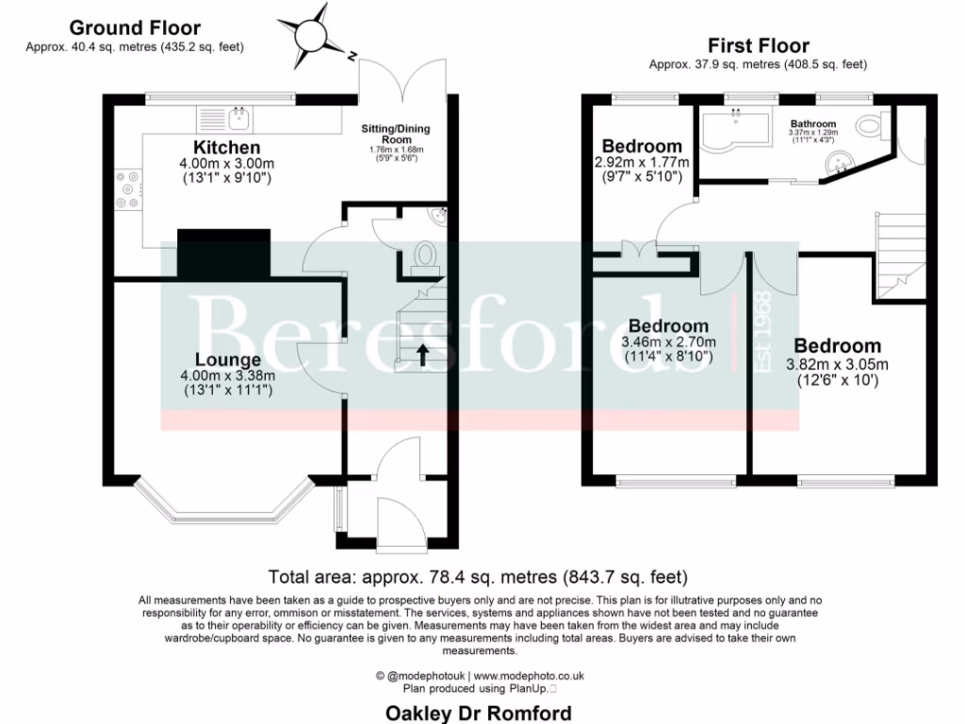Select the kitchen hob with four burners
pyautogui.click(x=127, y=189)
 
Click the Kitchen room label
pyautogui.click(x=226, y=148)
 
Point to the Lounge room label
pyautogui.click(x=227, y=360)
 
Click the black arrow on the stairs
pyautogui.click(x=421, y=354)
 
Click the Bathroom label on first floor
pyautogui.click(x=812, y=123)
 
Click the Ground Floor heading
pyautogui.click(x=134, y=28)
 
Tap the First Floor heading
pyautogui.click(x=758, y=45)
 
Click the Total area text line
pyautogui.click(x=478, y=577)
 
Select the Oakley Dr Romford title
pyautogui.click(x=479, y=713)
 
